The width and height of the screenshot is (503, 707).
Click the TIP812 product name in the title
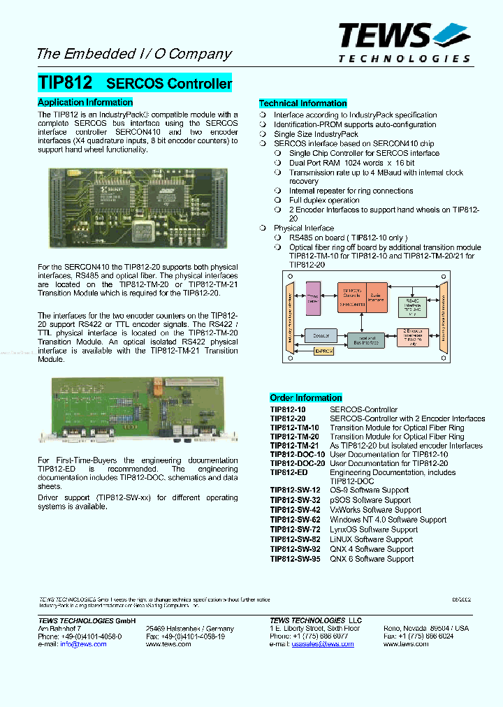(65, 82)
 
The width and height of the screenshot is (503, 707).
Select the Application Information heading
(85, 102)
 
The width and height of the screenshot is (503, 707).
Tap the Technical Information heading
(303, 103)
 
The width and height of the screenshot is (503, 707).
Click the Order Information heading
(306, 398)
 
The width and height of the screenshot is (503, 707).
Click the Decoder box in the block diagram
(321, 335)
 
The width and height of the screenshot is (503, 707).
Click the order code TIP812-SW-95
(296, 559)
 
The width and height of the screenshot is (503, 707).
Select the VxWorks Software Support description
(375, 510)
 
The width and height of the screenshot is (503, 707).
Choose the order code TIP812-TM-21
(294, 446)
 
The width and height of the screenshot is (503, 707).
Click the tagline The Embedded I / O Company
(133, 54)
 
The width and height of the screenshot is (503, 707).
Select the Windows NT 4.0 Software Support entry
(388, 520)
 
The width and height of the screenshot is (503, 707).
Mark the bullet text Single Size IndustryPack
(316, 134)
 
